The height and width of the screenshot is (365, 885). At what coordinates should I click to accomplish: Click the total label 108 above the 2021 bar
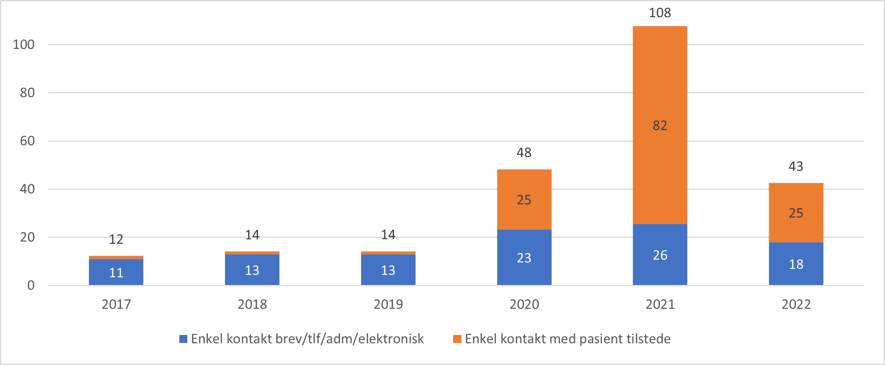[660, 13]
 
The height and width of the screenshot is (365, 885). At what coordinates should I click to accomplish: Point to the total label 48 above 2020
[524, 152]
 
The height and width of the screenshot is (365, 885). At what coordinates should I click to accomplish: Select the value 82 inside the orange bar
[660, 126]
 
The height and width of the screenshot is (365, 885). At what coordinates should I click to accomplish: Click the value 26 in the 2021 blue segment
[660, 255]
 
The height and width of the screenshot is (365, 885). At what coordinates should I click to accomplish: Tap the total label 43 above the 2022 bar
[796, 166]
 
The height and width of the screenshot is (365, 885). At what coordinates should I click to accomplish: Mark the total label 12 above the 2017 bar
[116, 239]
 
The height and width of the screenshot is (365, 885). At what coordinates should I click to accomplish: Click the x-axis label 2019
[388, 305]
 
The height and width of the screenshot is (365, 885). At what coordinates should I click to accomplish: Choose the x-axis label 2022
[796, 305]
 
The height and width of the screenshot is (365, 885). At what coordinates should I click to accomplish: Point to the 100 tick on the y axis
[24, 44]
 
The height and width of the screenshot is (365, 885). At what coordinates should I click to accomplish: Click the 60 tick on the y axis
[27, 141]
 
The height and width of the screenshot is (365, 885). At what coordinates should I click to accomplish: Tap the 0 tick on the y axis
[31, 285]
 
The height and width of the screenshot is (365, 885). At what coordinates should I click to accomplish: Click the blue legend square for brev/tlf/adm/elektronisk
[183, 339]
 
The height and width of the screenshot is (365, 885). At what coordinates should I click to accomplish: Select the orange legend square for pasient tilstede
[457, 339]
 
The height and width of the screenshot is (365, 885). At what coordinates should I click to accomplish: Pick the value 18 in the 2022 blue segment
[796, 265]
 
